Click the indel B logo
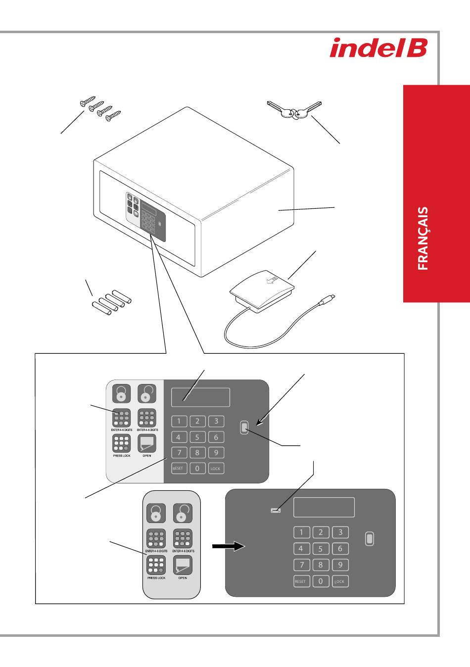378,48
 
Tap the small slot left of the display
276,510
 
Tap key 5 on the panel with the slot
321,549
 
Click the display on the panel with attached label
200,397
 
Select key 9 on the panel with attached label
216,452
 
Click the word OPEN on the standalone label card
183,578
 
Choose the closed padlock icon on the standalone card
156,513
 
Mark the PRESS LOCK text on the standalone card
156,578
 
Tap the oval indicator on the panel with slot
370,538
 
